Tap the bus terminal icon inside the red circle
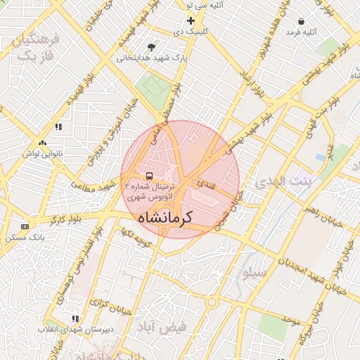[149, 175]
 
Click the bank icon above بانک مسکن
[25, 226]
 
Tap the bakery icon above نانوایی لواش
[58, 127]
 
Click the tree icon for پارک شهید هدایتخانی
[152, 47]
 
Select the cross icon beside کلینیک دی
[190, 20]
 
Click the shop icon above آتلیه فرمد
[302, 21]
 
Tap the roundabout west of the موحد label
[212, 302]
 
